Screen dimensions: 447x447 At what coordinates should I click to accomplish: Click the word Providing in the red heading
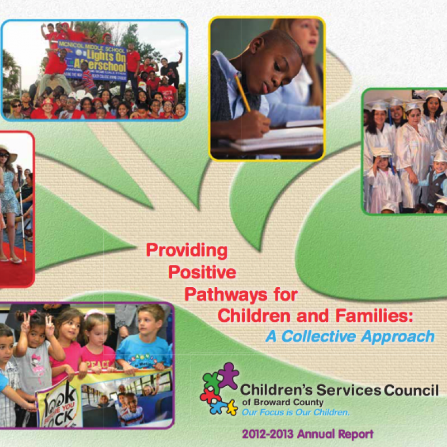(187, 250)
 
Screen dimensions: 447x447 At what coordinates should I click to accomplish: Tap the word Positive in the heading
(202, 272)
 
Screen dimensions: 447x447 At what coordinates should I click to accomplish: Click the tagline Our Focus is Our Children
(296, 412)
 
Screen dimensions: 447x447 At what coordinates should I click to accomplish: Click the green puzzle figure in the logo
(211, 382)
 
